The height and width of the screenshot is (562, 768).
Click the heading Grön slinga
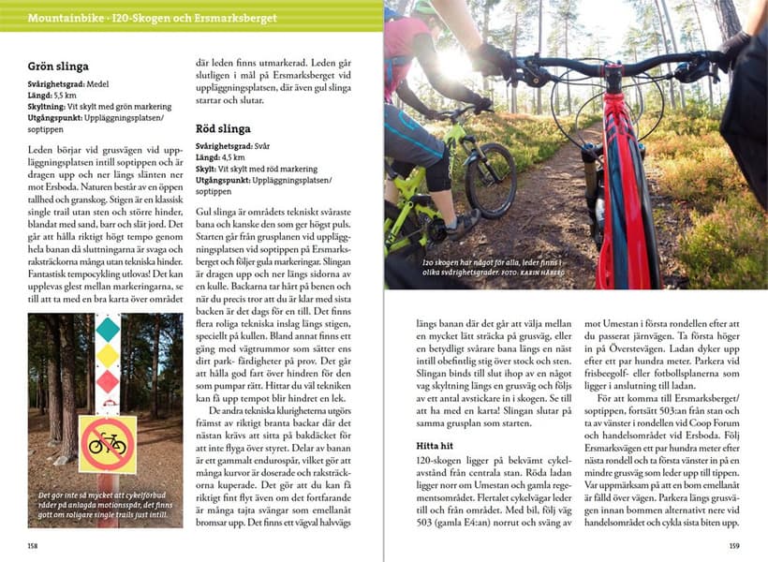click(x=58, y=67)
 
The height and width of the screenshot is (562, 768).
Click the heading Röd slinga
click(x=224, y=128)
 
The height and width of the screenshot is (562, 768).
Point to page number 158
click(x=35, y=544)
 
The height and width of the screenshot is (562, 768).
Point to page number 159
click(x=734, y=544)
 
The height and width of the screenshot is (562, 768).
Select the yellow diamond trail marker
click(x=108, y=356)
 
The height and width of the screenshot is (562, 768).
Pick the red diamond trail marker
click(x=108, y=382)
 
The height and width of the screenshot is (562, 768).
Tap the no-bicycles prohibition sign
click(x=108, y=443)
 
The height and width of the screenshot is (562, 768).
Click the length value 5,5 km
click(x=65, y=96)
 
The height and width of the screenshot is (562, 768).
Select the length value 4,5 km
click(x=232, y=157)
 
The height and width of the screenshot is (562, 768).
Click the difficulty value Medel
click(x=96, y=84)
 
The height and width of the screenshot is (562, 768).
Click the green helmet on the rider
click(x=430, y=11)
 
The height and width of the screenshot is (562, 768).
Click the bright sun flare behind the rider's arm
click(x=453, y=61)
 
